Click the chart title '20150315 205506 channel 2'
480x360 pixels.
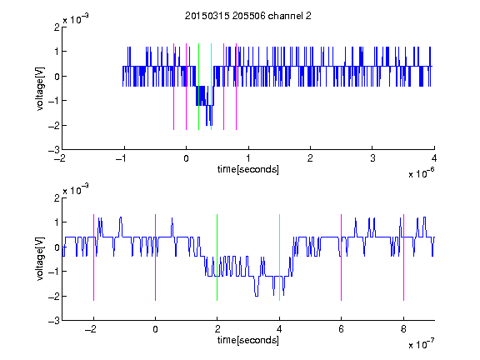[x=248, y=16]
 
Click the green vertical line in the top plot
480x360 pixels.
[x=198, y=87]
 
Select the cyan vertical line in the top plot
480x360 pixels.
[x=211, y=87]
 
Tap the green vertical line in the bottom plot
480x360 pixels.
[x=217, y=257]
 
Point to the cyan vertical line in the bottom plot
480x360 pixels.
[x=279, y=257]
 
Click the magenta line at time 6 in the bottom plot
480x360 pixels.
[x=342, y=257]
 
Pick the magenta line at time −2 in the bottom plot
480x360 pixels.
[x=93, y=257]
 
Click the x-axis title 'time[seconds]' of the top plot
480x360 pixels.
[x=248, y=169]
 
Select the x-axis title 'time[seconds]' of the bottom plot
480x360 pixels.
[x=248, y=340]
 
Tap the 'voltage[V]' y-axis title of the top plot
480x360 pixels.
[x=40, y=88]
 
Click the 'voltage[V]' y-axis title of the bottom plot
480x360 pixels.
[x=40, y=259]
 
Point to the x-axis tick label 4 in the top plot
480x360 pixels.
[x=434, y=158]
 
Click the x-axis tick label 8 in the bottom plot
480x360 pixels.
[x=403, y=329]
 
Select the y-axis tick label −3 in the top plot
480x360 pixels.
[x=54, y=150]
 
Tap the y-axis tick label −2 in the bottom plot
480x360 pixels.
[x=54, y=297]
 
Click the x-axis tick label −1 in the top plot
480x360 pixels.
[x=122, y=158]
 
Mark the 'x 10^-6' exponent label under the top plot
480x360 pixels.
[x=422, y=173]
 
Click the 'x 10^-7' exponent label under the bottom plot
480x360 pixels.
[x=422, y=344]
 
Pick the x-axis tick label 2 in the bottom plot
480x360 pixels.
[x=217, y=329]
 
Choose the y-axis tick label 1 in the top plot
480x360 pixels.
[x=57, y=52]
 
